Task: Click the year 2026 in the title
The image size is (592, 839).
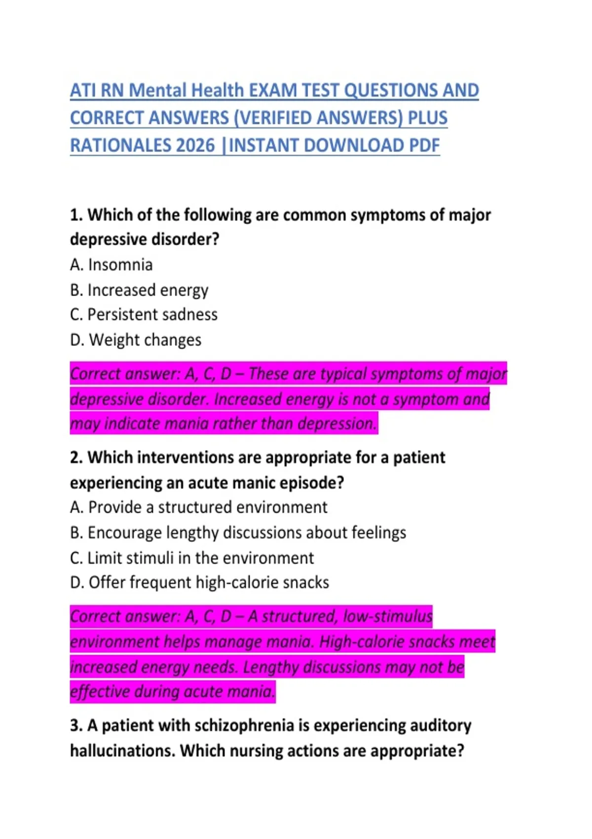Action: click(x=195, y=146)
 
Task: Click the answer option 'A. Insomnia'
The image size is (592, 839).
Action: click(x=111, y=265)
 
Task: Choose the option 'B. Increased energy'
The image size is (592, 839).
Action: click(x=139, y=290)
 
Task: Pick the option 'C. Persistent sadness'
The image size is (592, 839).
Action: click(x=144, y=315)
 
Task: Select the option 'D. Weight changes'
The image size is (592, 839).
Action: click(x=136, y=340)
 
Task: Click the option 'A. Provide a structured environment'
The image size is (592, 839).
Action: click(x=198, y=507)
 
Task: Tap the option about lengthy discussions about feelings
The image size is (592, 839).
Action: click(x=238, y=533)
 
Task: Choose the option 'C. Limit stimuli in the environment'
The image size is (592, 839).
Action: click(x=192, y=558)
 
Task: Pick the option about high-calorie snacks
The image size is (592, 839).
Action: click(x=199, y=583)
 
